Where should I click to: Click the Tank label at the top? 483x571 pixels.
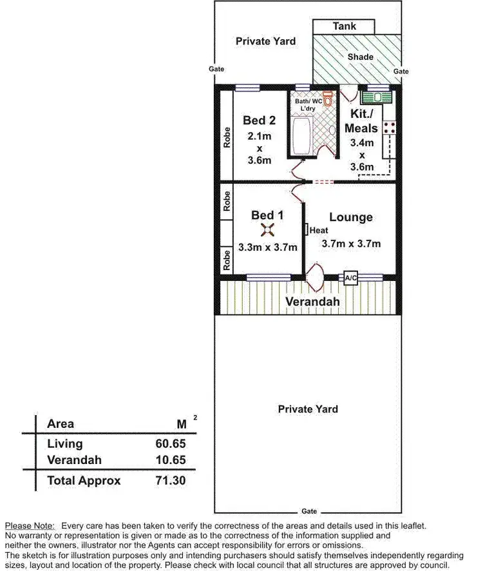tap(344, 26)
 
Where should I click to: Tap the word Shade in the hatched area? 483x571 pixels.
tap(360, 57)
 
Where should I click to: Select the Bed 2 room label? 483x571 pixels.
tap(259, 120)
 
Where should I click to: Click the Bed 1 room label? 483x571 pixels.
tap(267, 215)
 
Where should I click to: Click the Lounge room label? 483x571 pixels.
tap(351, 217)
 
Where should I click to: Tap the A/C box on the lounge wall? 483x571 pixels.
tap(351, 278)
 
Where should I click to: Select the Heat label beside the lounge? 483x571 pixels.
tap(319, 230)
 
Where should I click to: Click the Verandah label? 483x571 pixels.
tap(312, 302)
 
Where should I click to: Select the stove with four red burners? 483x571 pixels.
tap(389, 127)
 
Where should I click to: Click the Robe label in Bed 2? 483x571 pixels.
tap(227, 139)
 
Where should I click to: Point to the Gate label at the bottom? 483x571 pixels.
tap(310, 511)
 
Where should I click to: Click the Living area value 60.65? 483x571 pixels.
tap(171, 443)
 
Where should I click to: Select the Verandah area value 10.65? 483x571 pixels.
tap(171, 461)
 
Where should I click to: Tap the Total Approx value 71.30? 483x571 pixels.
tap(171, 480)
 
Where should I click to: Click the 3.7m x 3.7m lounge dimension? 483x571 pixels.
tap(351, 244)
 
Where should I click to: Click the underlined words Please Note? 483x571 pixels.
tap(30, 526)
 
